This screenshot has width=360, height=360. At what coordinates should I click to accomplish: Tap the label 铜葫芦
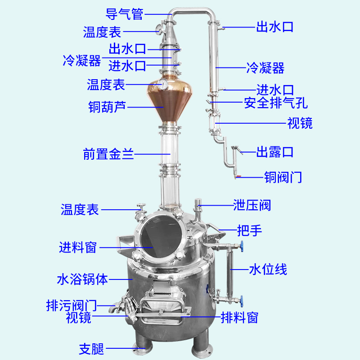coord(108,107)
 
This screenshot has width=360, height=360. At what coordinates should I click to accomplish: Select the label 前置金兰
coord(109,154)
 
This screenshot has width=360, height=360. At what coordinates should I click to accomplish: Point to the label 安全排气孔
coord(276,103)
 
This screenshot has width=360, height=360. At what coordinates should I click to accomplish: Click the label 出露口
coord(275,152)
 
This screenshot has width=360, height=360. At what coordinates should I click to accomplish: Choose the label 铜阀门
coord(283,177)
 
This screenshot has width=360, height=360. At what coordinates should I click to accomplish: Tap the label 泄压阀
coord(252,206)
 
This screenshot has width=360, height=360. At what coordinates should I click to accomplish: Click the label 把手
coord(250,231)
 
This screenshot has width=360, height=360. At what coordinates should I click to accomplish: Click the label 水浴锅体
coord(82,279)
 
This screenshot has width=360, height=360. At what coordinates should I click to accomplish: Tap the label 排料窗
coord(239,318)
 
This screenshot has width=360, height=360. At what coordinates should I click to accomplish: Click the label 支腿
coord(92,348)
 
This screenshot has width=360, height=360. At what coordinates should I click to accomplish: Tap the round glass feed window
coord(160,237)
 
